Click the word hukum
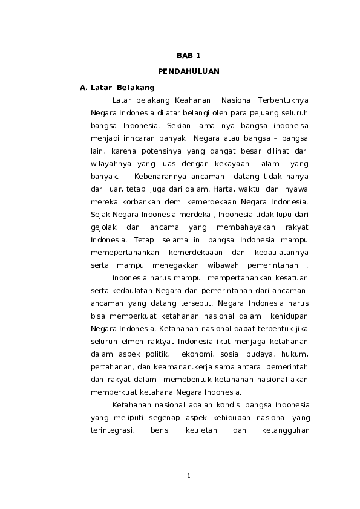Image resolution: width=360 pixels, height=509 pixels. coord(295,354)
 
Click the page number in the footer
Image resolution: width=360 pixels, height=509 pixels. coord(189,476)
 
